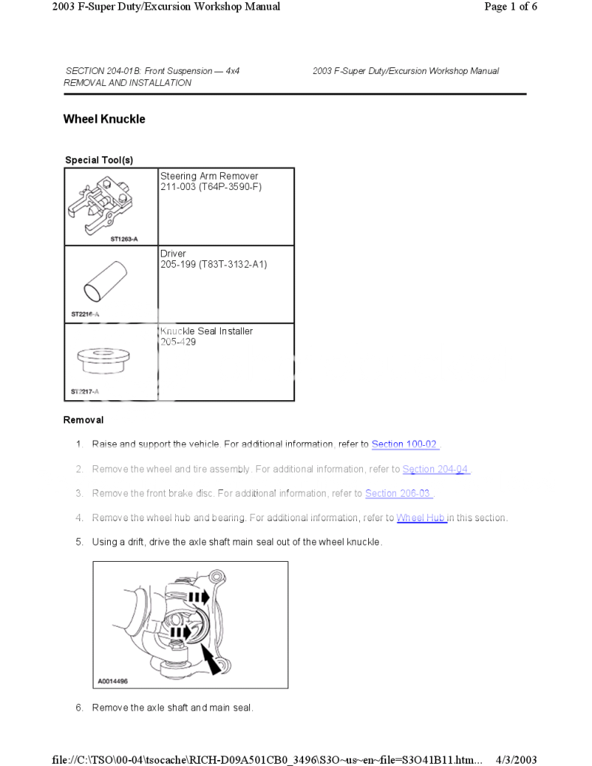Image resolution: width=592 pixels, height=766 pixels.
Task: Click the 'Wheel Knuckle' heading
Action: pyautogui.click(x=104, y=119)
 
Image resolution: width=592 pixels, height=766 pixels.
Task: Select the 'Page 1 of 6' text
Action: pyautogui.click(x=511, y=7)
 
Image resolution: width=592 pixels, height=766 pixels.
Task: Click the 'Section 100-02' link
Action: pyautogui.click(x=405, y=444)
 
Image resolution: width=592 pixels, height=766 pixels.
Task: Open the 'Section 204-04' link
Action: pyautogui.click(x=436, y=469)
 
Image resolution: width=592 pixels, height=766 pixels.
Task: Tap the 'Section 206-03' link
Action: pyautogui.click(x=398, y=494)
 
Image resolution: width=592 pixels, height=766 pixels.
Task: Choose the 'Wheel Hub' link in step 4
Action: pyautogui.click(x=421, y=518)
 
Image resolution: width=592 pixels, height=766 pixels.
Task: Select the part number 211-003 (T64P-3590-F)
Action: pyautogui.click(x=211, y=187)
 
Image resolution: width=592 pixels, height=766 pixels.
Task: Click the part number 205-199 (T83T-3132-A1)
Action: pyautogui.click(x=213, y=265)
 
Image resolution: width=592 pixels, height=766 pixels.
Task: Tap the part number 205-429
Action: pyautogui.click(x=178, y=342)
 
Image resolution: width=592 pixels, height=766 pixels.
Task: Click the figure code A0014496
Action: pyautogui.click(x=113, y=681)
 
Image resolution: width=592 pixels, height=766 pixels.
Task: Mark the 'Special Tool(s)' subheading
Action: pyautogui.click(x=99, y=160)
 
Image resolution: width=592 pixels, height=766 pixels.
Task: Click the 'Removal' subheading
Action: pyautogui.click(x=83, y=420)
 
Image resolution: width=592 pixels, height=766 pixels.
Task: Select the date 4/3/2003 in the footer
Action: pyautogui.click(x=516, y=760)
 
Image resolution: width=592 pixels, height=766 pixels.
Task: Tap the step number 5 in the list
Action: pyautogui.click(x=79, y=542)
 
